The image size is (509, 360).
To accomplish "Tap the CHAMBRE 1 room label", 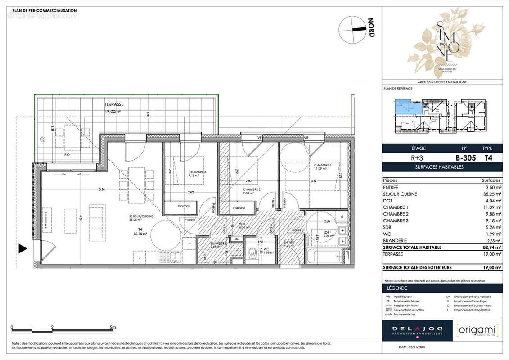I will point(323,165).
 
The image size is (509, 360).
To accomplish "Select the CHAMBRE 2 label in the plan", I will point(252,189).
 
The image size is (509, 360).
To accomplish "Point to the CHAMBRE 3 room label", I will point(198,172).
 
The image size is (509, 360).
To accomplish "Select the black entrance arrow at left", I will point(23,248).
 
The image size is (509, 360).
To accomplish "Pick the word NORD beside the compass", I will point(371,28).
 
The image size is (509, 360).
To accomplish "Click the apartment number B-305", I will point(465,158).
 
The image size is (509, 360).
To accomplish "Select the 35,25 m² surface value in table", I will point(491,194).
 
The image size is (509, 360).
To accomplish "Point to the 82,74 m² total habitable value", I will point(491,247).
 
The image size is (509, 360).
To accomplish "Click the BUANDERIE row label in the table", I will point(396,241).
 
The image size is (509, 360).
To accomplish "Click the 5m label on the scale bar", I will point(113,327).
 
